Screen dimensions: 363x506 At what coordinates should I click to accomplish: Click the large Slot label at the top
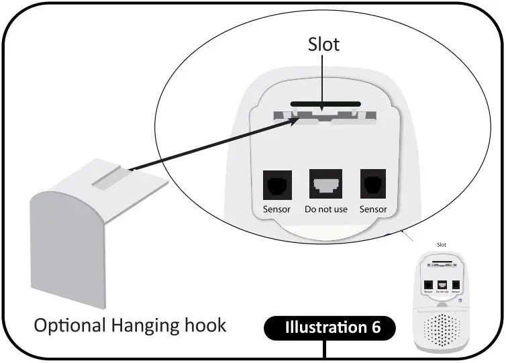323,44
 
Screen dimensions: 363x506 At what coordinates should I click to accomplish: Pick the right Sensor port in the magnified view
373,182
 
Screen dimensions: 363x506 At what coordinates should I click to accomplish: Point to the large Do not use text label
325,209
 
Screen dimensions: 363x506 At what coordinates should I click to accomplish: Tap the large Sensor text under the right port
373,209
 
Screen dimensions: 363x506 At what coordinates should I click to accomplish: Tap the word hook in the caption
205,325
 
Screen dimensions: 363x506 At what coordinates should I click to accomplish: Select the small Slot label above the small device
442,246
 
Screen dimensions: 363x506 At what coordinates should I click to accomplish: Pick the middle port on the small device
442,284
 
